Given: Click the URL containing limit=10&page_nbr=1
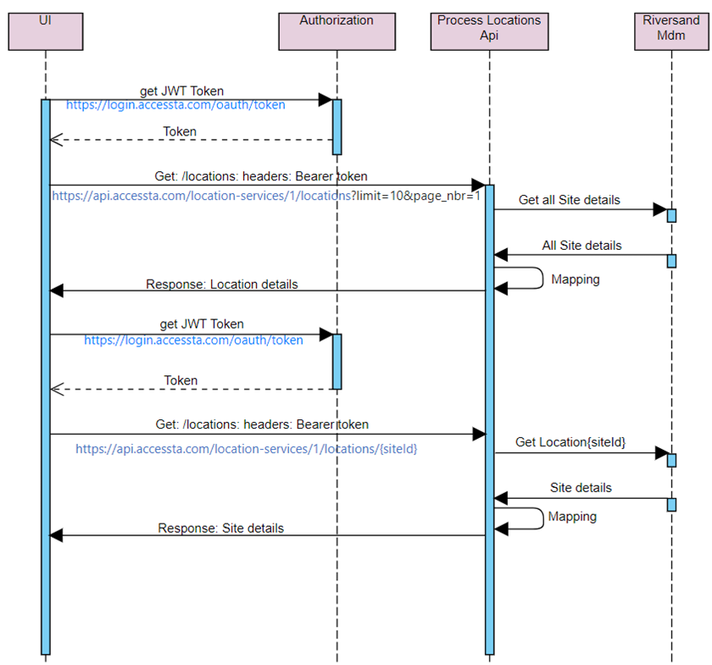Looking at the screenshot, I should click(x=266, y=195).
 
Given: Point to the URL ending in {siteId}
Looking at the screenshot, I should click(x=246, y=449).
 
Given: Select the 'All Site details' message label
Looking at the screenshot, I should click(x=581, y=246).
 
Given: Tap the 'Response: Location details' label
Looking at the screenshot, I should click(x=222, y=285).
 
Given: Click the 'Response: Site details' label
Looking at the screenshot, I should click(x=220, y=529).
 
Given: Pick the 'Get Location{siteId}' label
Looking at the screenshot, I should click(x=570, y=443).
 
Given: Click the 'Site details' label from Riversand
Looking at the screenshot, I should click(x=581, y=488).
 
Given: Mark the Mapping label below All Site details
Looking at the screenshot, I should click(x=575, y=279).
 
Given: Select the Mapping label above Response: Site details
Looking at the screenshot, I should click(x=572, y=517).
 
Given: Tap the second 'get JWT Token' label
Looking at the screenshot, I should click(x=202, y=324).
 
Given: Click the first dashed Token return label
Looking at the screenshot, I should click(x=180, y=132).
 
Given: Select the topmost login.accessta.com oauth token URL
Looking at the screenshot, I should click(x=175, y=105).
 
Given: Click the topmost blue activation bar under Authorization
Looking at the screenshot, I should click(x=337, y=127).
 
